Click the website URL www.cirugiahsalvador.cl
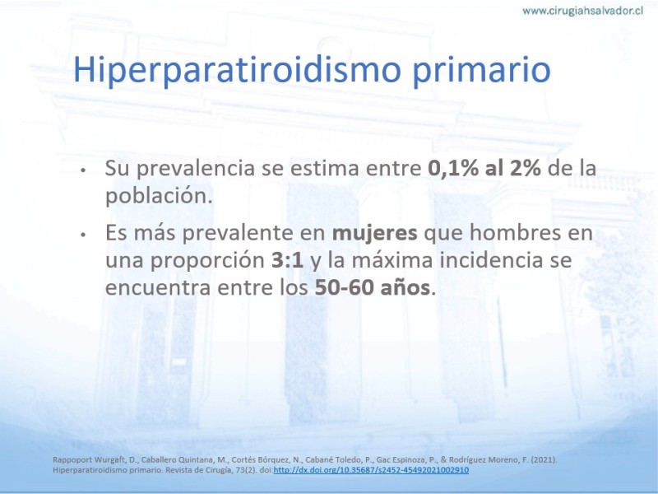582,11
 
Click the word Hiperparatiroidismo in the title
237,70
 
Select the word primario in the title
481,70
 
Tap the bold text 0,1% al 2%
484,168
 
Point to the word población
159,196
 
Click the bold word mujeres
375,234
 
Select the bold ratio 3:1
287,260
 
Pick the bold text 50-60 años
373,287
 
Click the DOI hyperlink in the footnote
371,470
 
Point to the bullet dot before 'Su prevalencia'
83,170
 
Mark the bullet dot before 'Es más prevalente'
83,235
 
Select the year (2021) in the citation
544,460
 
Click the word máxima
392,260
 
